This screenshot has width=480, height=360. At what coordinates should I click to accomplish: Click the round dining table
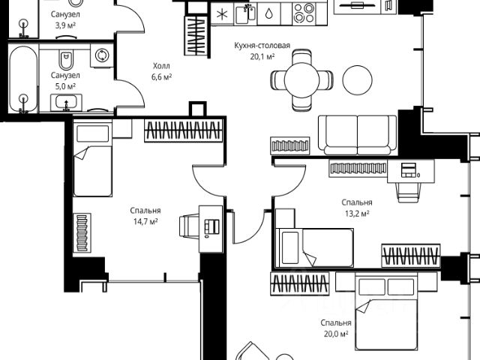tap(301, 80)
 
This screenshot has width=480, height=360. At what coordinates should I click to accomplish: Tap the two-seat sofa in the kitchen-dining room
tap(358, 135)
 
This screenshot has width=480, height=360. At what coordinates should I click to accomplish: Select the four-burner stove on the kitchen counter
tap(304, 13)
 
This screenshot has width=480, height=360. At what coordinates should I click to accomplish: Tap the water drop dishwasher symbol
tap(268, 14)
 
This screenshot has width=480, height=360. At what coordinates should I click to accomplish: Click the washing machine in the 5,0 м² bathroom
tap(102, 55)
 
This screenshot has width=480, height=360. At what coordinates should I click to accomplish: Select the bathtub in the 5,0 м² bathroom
tap(23, 79)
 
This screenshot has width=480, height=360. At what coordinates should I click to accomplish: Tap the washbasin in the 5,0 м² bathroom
tap(66, 103)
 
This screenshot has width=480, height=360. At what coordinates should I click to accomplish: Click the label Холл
tap(161, 66)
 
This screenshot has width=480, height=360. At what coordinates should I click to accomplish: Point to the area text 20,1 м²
tap(262, 57)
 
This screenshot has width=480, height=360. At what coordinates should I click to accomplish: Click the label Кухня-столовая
tap(262, 46)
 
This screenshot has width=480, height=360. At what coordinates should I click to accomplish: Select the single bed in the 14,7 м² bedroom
tap(92, 158)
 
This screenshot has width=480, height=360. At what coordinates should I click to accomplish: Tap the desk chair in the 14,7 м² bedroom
tap(189, 226)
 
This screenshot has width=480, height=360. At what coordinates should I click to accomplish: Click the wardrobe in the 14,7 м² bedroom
tap(183, 130)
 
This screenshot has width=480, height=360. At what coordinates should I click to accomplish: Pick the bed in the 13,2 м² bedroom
tap(314, 248)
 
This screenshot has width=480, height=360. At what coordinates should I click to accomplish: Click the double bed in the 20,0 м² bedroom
tap(387, 312)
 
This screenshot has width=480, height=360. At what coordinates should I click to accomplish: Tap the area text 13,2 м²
tap(357, 214)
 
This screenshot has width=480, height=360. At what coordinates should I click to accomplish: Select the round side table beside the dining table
tap(357, 80)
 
